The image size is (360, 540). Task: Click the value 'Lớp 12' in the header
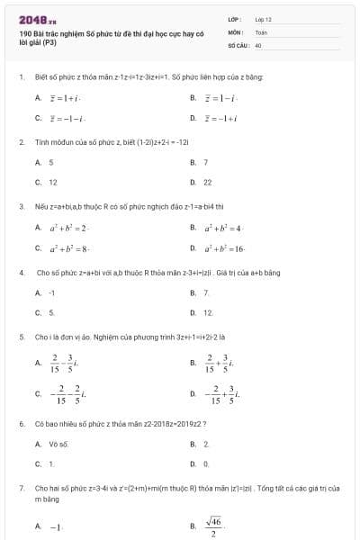(x=263, y=19)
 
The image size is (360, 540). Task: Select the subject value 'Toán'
(x=261, y=31)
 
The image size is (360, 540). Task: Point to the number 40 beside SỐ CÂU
(x=258, y=44)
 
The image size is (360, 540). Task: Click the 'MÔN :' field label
(x=236, y=31)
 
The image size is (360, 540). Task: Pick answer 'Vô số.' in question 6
(x=58, y=444)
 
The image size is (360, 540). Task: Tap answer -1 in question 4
(x=52, y=292)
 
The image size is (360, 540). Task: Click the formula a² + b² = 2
(x=67, y=228)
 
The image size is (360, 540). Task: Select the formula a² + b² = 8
(x=67, y=247)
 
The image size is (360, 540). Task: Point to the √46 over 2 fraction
(x=213, y=526)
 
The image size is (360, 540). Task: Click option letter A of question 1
(x=38, y=96)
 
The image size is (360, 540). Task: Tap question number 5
(x=21, y=337)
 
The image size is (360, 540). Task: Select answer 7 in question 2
(x=206, y=162)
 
